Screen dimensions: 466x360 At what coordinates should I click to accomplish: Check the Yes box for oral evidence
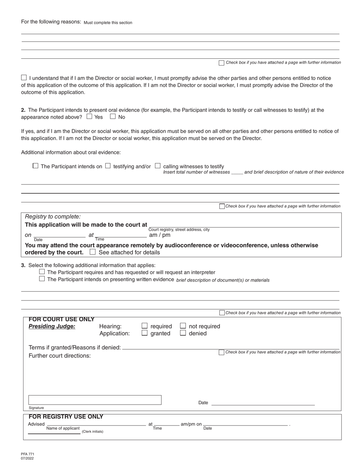pyautogui.click(x=89, y=117)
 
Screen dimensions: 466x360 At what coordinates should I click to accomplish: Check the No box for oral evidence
pyautogui.click(x=113, y=117)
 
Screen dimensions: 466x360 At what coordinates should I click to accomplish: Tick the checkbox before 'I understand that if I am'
pyautogui.click(x=24, y=77)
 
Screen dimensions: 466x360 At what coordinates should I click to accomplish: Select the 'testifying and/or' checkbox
pyautogui.click(x=108, y=166)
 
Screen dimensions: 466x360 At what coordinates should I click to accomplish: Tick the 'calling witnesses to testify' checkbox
pyautogui.click(x=158, y=166)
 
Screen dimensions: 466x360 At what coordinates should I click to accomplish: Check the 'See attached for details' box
pyautogui.click(x=92, y=252)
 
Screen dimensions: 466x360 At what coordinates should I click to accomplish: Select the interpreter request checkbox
pyautogui.click(x=42, y=272)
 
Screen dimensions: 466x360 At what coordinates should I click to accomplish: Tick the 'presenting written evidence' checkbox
pyautogui.click(x=42, y=279)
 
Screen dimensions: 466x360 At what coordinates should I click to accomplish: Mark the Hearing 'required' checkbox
pyautogui.click(x=144, y=326)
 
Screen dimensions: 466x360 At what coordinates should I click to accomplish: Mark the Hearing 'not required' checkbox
pyautogui.click(x=183, y=326)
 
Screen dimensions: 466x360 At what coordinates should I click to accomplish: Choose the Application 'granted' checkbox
pyautogui.click(x=144, y=333)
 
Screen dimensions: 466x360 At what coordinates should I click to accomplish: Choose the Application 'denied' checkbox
pyautogui.click(x=183, y=333)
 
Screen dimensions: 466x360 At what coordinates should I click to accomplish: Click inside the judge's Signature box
pyautogui.click(x=95, y=400)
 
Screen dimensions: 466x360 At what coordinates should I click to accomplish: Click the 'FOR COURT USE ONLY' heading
pyautogui.click(x=61, y=319)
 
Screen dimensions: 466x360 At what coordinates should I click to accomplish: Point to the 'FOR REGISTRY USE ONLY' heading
pyautogui.click(x=66, y=417)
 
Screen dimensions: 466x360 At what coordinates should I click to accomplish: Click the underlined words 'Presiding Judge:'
pyautogui.click(x=52, y=326)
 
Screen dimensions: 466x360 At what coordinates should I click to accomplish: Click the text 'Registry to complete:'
pyautogui.click(x=53, y=217)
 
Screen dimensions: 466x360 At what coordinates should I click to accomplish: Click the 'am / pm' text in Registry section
pyautogui.click(x=160, y=235)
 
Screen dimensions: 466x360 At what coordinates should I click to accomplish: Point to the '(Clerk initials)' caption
pyautogui.click(x=92, y=432)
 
